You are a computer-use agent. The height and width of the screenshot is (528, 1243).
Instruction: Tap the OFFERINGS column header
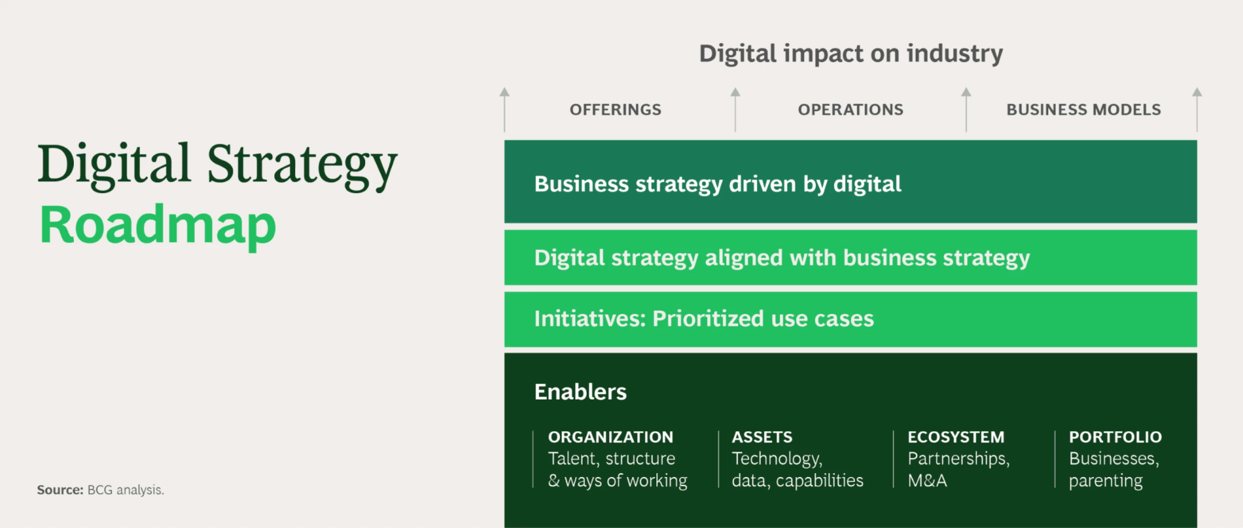pyautogui.click(x=615, y=110)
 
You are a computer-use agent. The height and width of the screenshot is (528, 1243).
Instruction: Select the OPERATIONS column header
pyautogui.click(x=850, y=110)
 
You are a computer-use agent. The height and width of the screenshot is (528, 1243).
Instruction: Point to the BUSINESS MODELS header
pyautogui.click(x=1083, y=110)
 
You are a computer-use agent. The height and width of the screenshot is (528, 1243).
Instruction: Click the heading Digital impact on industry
pyautogui.click(x=851, y=53)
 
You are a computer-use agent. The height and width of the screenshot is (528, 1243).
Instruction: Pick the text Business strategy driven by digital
pyautogui.click(x=717, y=184)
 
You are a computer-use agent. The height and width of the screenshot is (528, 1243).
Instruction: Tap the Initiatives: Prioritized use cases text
pyautogui.click(x=704, y=319)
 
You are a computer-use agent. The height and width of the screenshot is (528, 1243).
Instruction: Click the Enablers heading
pyautogui.click(x=580, y=392)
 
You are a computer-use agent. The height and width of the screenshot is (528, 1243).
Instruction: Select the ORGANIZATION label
pyautogui.click(x=610, y=437)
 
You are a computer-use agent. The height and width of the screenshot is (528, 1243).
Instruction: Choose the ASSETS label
pyautogui.click(x=762, y=437)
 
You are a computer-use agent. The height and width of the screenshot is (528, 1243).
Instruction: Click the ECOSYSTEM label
pyautogui.click(x=956, y=437)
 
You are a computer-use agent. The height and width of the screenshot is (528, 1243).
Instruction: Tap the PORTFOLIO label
pyautogui.click(x=1115, y=437)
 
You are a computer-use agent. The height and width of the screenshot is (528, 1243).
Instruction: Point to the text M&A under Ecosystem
pyautogui.click(x=927, y=481)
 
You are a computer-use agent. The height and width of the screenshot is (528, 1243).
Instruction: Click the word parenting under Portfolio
pyautogui.click(x=1105, y=481)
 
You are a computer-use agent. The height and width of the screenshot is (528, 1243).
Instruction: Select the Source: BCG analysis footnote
pyautogui.click(x=101, y=490)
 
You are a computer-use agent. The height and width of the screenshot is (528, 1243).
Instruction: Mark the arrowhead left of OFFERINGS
pyautogui.click(x=504, y=91)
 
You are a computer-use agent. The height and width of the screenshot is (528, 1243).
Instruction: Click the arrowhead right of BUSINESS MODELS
pyautogui.click(x=1197, y=91)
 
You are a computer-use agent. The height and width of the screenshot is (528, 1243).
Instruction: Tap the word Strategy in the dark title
pyautogui.click(x=302, y=165)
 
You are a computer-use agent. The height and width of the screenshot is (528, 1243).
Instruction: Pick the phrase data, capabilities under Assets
pyautogui.click(x=797, y=481)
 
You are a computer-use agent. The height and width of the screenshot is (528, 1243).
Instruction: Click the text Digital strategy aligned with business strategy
pyautogui.click(x=782, y=258)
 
